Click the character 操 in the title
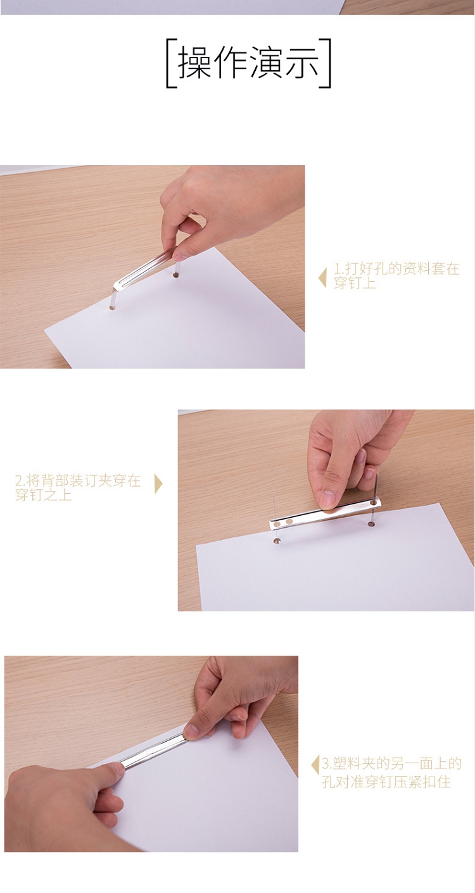point(194,63)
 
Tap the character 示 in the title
point(302,63)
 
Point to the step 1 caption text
point(396,275)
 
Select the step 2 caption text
point(78,487)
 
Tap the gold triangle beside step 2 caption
point(158,484)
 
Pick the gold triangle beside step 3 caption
point(315,765)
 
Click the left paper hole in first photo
point(111,308)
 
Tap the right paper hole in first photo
point(176,275)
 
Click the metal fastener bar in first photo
point(146,268)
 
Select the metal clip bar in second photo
point(325,514)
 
